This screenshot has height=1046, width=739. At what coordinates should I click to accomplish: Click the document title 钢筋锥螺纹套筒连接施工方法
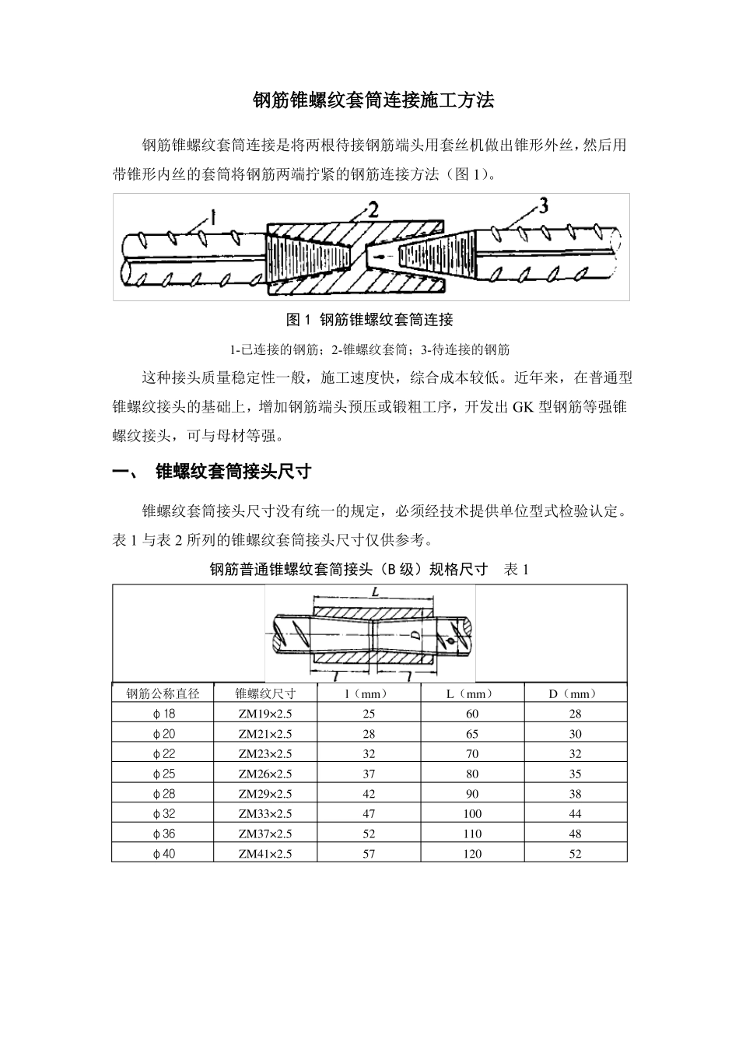(x=373, y=101)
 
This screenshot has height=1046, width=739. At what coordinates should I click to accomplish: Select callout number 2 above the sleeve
(x=373, y=209)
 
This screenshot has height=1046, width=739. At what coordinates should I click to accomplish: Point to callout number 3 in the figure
(x=543, y=205)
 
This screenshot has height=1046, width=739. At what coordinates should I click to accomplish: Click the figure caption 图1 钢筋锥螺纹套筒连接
(x=369, y=320)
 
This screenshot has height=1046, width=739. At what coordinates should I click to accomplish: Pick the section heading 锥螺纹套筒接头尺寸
(x=233, y=472)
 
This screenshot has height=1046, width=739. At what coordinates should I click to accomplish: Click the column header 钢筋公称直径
(x=163, y=693)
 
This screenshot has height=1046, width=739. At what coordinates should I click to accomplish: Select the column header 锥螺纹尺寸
(x=265, y=693)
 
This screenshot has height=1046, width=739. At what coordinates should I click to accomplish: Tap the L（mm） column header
(x=471, y=693)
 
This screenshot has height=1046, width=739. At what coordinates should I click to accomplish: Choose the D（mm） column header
(x=576, y=693)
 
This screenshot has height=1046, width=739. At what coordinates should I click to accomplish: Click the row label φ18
(x=163, y=714)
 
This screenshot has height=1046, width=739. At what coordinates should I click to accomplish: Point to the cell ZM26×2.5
(x=265, y=774)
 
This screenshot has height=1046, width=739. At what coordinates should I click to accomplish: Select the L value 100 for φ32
(x=471, y=814)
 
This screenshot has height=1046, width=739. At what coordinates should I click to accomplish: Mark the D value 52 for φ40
(x=576, y=854)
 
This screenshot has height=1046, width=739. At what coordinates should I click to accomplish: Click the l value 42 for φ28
(x=369, y=794)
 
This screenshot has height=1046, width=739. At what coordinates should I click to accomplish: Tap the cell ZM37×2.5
(x=265, y=834)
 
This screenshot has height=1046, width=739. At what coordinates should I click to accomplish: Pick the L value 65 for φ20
(x=471, y=734)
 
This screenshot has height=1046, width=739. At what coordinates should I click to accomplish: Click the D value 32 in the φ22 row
(x=576, y=754)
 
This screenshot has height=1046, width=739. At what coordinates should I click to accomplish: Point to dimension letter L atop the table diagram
(x=375, y=592)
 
